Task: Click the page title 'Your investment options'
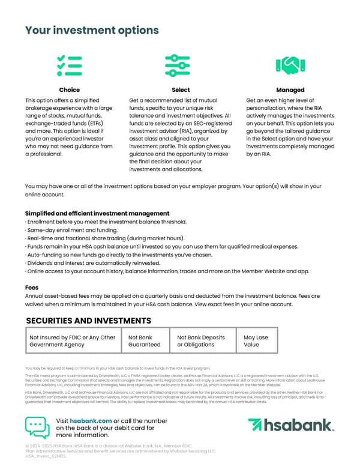(x=92, y=30)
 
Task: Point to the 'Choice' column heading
(x=70, y=90)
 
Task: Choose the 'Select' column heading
(x=180, y=90)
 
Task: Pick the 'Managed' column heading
(x=290, y=90)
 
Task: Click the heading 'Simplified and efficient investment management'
(x=97, y=214)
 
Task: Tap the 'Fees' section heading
(x=32, y=288)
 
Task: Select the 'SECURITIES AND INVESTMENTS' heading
(x=88, y=321)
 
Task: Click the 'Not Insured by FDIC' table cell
(x=73, y=341)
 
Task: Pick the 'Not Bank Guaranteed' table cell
(x=145, y=341)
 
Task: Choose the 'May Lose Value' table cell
(x=256, y=341)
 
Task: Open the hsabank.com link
(x=91, y=421)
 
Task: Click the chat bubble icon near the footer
(x=37, y=427)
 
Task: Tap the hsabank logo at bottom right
(x=290, y=426)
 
